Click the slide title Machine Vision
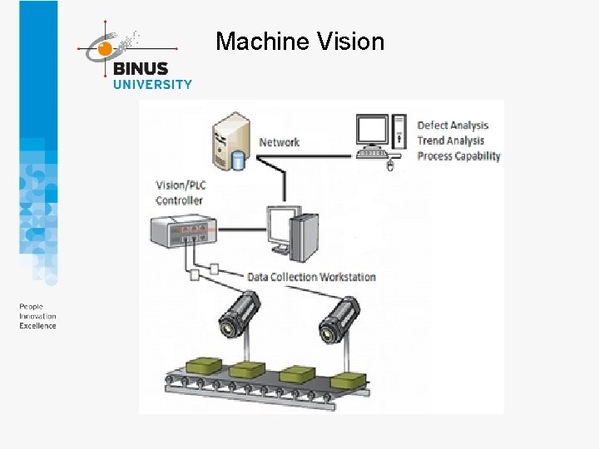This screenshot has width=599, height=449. click(x=299, y=41)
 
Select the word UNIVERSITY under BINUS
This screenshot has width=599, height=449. click(x=152, y=84)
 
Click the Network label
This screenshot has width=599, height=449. click(x=279, y=142)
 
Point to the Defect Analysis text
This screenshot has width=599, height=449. click(x=453, y=126)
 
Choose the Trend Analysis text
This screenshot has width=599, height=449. click(x=450, y=141)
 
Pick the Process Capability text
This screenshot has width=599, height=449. click(x=458, y=155)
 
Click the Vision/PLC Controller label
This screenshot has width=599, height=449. click(x=179, y=193)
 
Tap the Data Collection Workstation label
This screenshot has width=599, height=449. click(x=311, y=277)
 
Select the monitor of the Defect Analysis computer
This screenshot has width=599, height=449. click(x=372, y=131)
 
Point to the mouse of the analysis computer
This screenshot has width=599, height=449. click(x=389, y=165)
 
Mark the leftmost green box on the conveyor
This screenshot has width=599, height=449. click(x=203, y=364)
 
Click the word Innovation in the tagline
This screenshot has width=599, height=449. click(x=37, y=316)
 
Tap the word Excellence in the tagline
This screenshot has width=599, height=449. click(x=37, y=326)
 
